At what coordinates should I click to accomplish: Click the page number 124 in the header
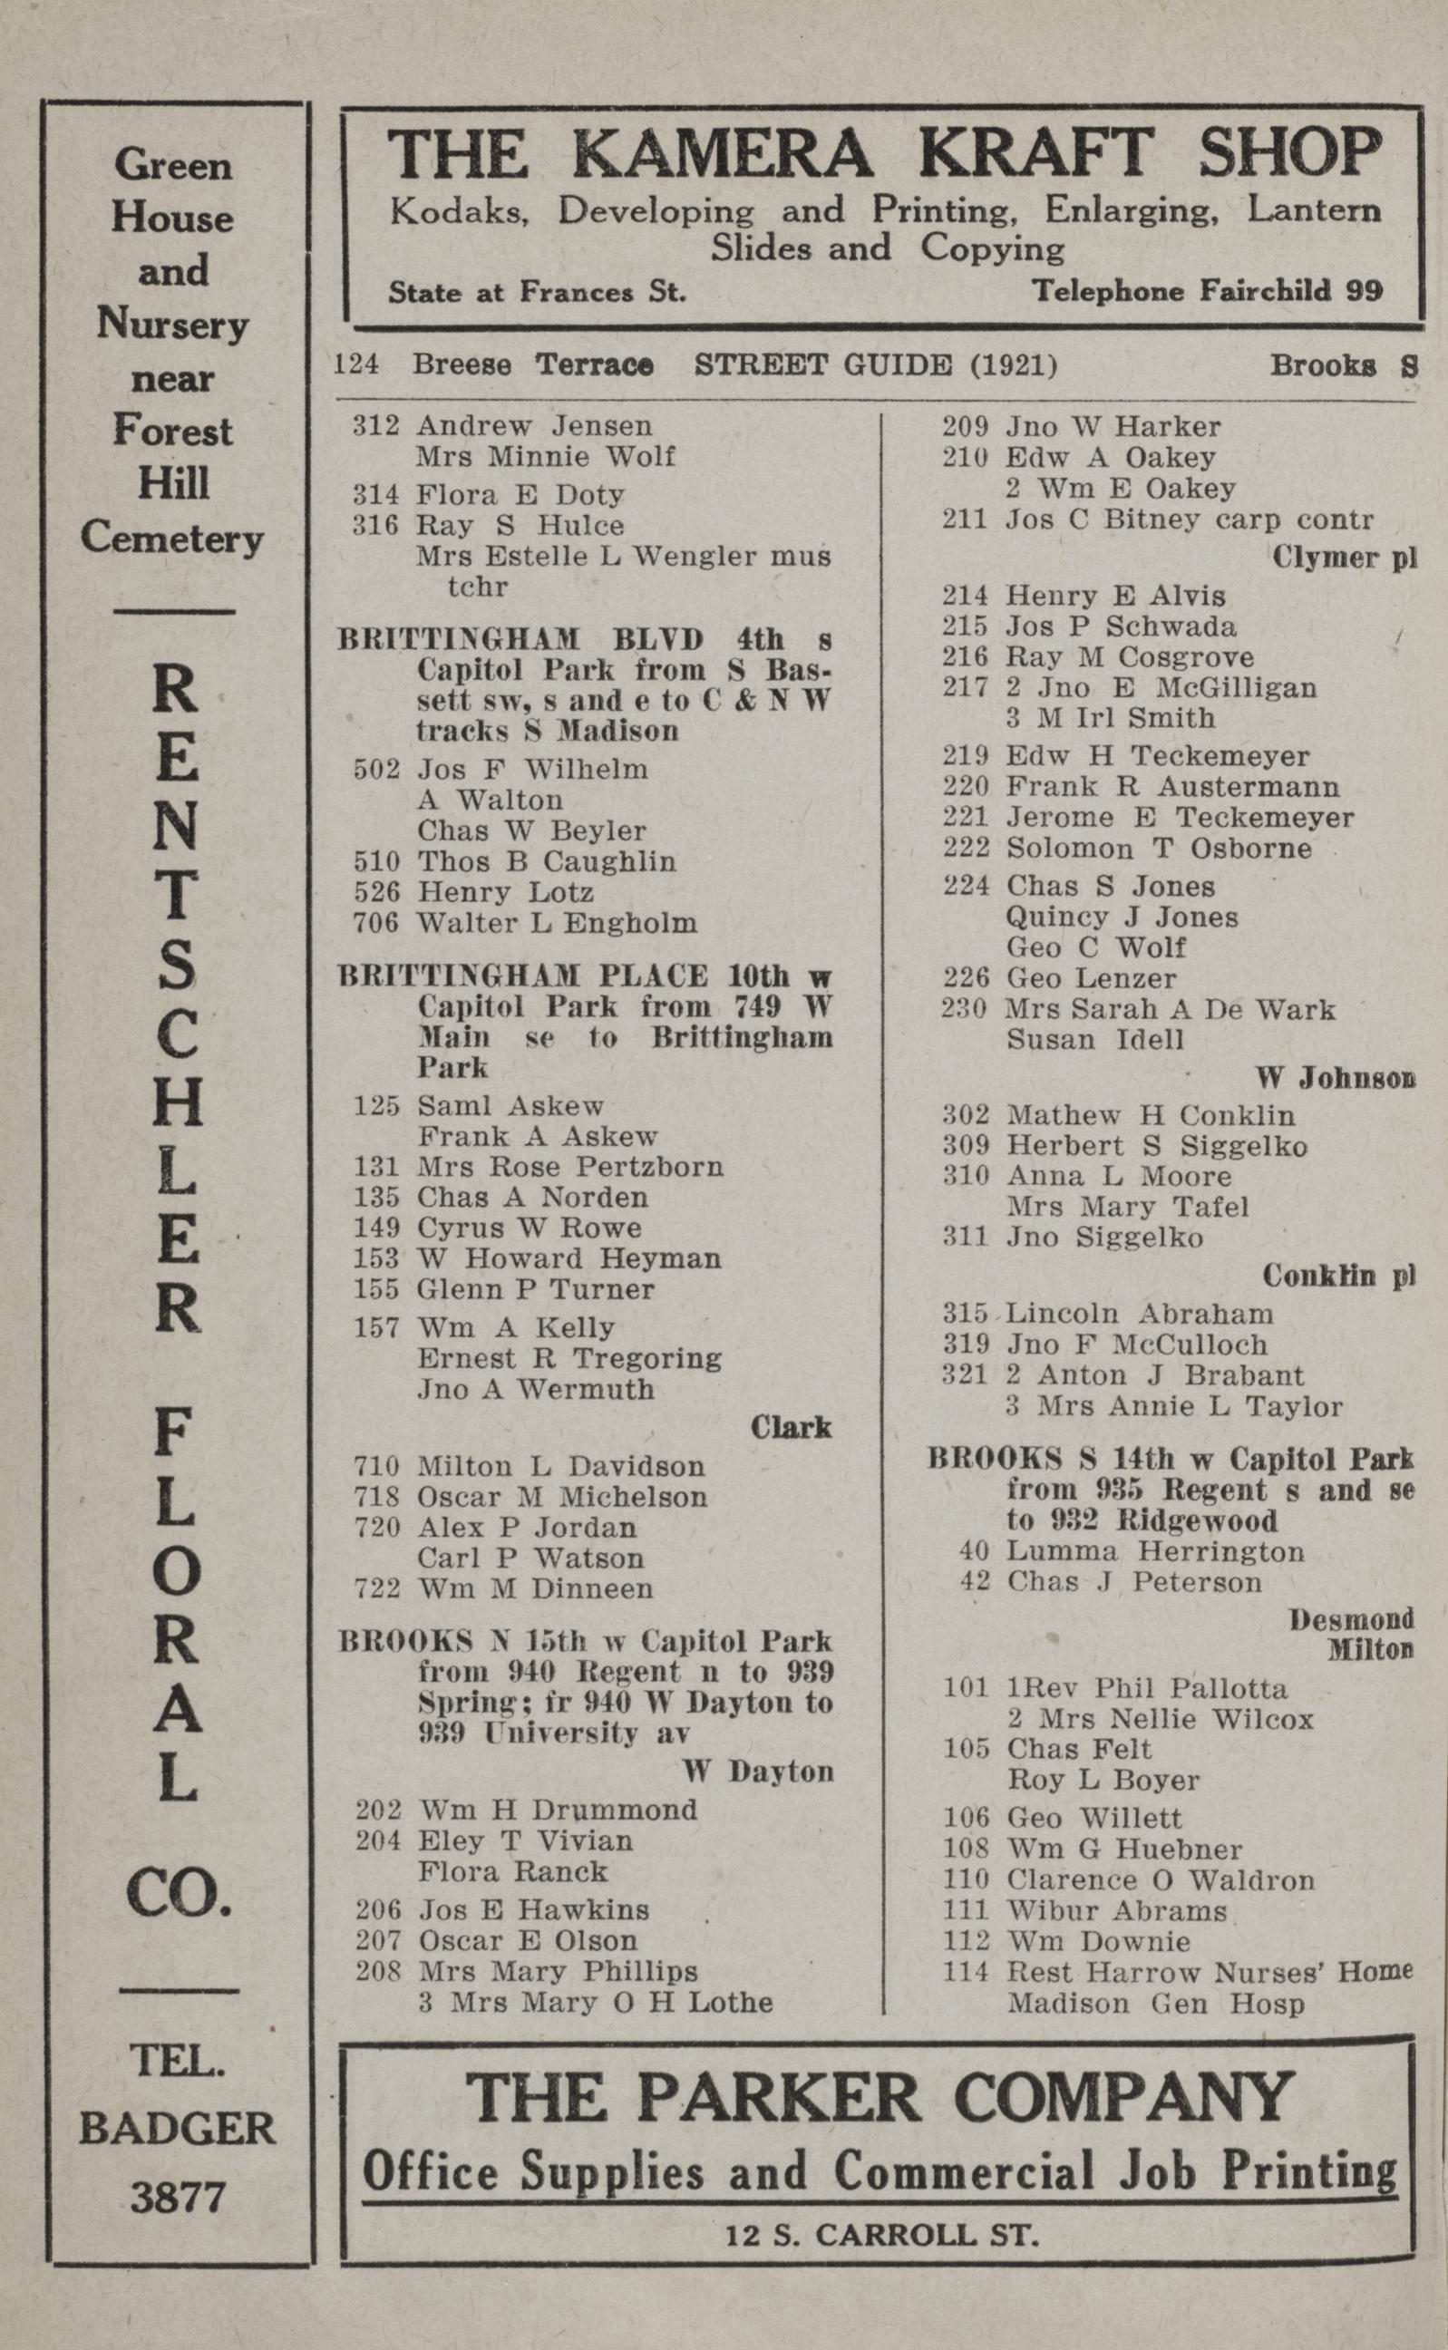pyautogui.click(x=356, y=364)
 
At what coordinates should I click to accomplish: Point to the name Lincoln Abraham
pyautogui.click(x=1140, y=1314)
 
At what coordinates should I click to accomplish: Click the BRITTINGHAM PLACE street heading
pyautogui.click(x=523, y=976)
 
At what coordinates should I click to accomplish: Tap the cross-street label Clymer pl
pyautogui.click(x=1344, y=558)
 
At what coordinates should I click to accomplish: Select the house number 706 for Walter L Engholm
pyautogui.click(x=376, y=923)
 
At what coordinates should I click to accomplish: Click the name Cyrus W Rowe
pyautogui.click(x=529, y=1228)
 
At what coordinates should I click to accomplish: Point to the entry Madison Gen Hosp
pyautogui.click(x=1155, y=2004)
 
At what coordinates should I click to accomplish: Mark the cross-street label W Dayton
pyautogui.click(x=757, y=1772)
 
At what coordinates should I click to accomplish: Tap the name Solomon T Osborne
pyautogui.click(x=1158, y=849)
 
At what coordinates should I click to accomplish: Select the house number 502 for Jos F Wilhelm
pyautogui.click(x=376, y=769)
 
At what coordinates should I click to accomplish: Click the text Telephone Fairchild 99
pyautogui.click(x=1207, y=291)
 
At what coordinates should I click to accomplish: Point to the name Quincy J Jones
pyautogui.click(x=1122, y=918)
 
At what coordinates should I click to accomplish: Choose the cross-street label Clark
pyautogui.click(x=791, y=1428)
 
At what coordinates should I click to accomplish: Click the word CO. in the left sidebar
pyautogui.click(x=178, y=1894)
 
